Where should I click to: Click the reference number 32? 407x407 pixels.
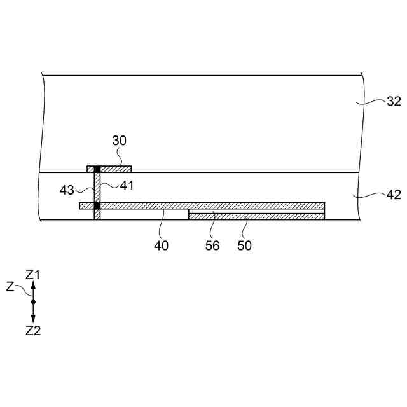click(394, 101)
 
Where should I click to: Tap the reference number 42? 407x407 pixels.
click(394, 195)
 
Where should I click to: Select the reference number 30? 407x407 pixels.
click(120, 141)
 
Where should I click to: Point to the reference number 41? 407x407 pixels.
click(127, 186)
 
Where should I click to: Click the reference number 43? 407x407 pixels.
click(67, 190)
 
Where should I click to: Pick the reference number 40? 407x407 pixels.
click(161, 245)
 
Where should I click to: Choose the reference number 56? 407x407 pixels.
click(212, 245)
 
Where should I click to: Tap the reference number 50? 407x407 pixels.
click(244, 245)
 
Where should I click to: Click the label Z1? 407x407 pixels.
click(32, 275)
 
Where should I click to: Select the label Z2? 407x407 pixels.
click(33, 331)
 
